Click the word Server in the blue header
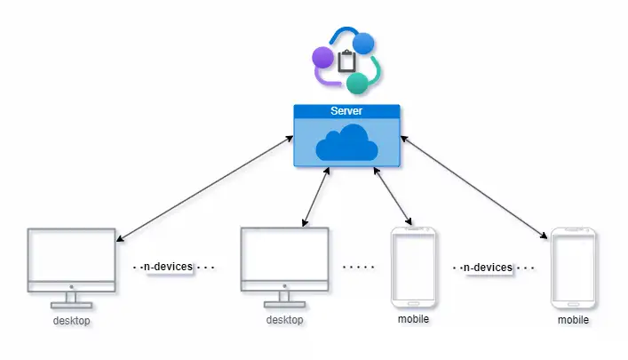[x=346, y=111]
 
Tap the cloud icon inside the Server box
[x=346, y=143]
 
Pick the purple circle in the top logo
[x=322, y=60]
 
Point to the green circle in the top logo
[x=357, y=84]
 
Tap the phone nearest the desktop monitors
[x=414, y=266]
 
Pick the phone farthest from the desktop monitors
[x=573, y=266]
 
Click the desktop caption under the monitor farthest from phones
[x=71, y=320]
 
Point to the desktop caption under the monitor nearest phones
[x=284, y=320]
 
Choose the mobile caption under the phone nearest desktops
[x=414, y=317]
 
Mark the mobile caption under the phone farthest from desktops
[x=573, y=319]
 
